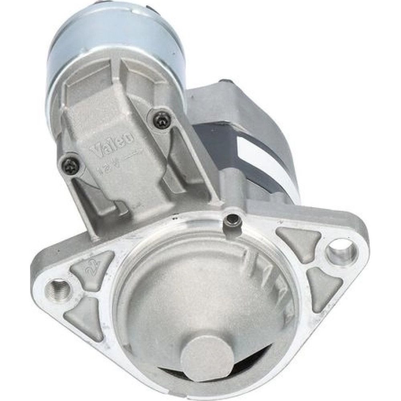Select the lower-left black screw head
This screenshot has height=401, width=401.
pyautogui.click(x=70, y=164)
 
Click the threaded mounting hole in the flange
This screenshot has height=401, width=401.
pyautogui.click(x=58, y=290)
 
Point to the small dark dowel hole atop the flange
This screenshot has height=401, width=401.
pyautogui.click(x=231, y=219)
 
